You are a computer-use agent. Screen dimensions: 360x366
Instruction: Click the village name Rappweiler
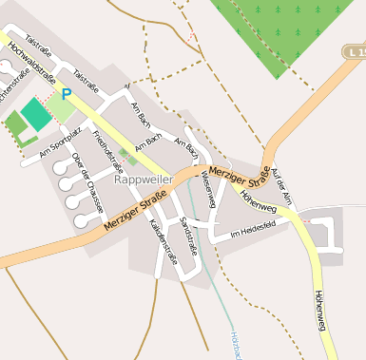click(x=143, y=179)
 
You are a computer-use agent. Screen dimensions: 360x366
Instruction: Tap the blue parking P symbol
click(x=67, y=94)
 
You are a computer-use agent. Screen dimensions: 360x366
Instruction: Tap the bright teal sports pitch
click(x=35, y=114)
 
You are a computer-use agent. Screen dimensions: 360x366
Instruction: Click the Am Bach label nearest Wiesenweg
click(x=187, y=147)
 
